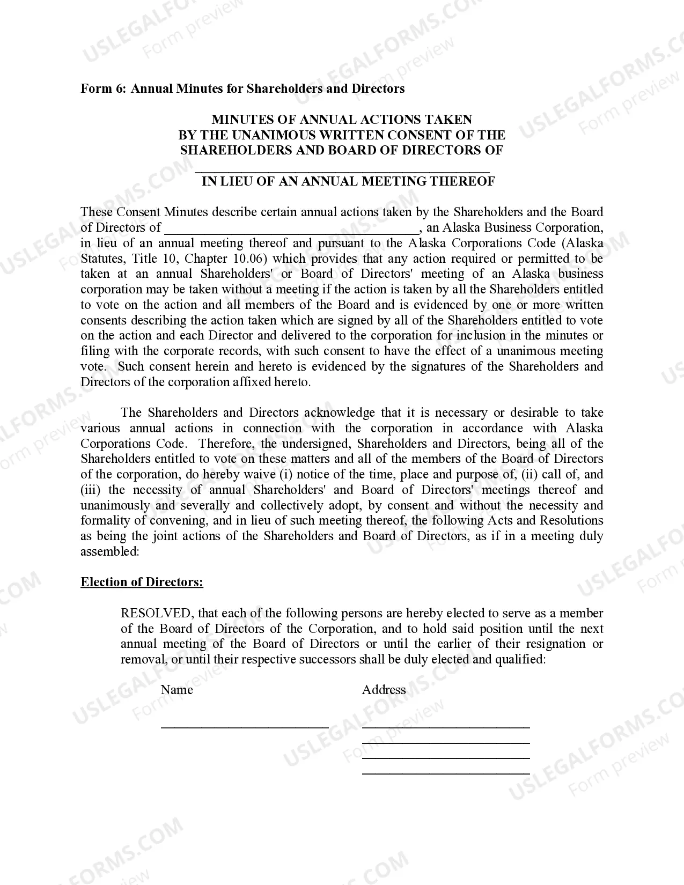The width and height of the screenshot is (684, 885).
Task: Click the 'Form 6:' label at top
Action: tap(104, 88)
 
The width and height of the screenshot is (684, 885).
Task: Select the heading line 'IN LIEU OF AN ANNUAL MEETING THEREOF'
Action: tap(348, 181)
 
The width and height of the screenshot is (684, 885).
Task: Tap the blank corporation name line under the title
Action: tap(342, 169)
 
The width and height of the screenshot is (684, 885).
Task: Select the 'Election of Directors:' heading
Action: tap(142, 582)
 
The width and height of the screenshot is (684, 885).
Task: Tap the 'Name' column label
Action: tap(176, 690)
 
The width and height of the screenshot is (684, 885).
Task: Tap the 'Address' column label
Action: tap(384, 690)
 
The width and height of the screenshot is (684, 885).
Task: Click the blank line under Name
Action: tap(245, 726)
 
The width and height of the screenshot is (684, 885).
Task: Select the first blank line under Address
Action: tap(446, 726)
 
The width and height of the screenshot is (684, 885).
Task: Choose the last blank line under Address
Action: tap(446, 773)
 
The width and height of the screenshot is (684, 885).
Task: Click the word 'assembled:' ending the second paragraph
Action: tap(110, 551)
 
